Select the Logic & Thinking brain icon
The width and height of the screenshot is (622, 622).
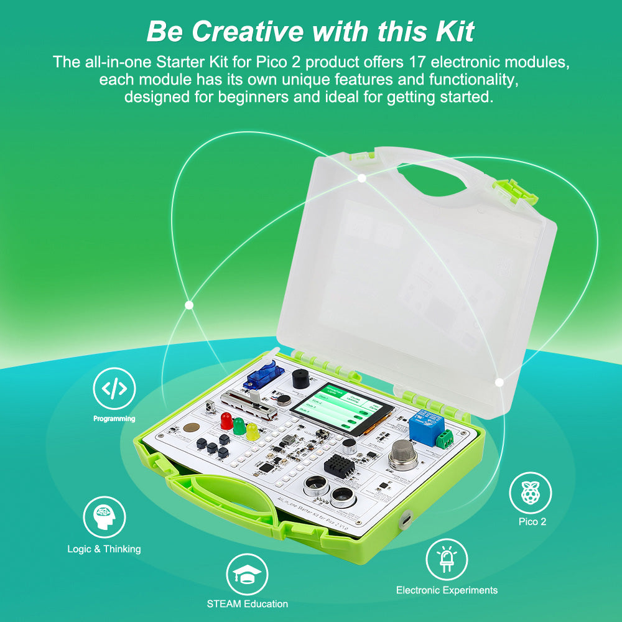pos(104,518)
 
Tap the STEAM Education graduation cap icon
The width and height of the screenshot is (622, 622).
pos(247,575)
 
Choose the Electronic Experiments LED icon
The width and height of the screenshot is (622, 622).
pos(446,559)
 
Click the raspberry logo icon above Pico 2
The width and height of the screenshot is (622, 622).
pos(530,494)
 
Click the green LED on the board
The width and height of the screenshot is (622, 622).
pos(239,426)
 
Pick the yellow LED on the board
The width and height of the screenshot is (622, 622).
pos(252,431)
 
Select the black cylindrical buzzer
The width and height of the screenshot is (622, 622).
pos(300,377)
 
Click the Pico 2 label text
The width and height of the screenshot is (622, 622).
pos(532,522)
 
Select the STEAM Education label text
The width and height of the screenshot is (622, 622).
pos(248,604)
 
